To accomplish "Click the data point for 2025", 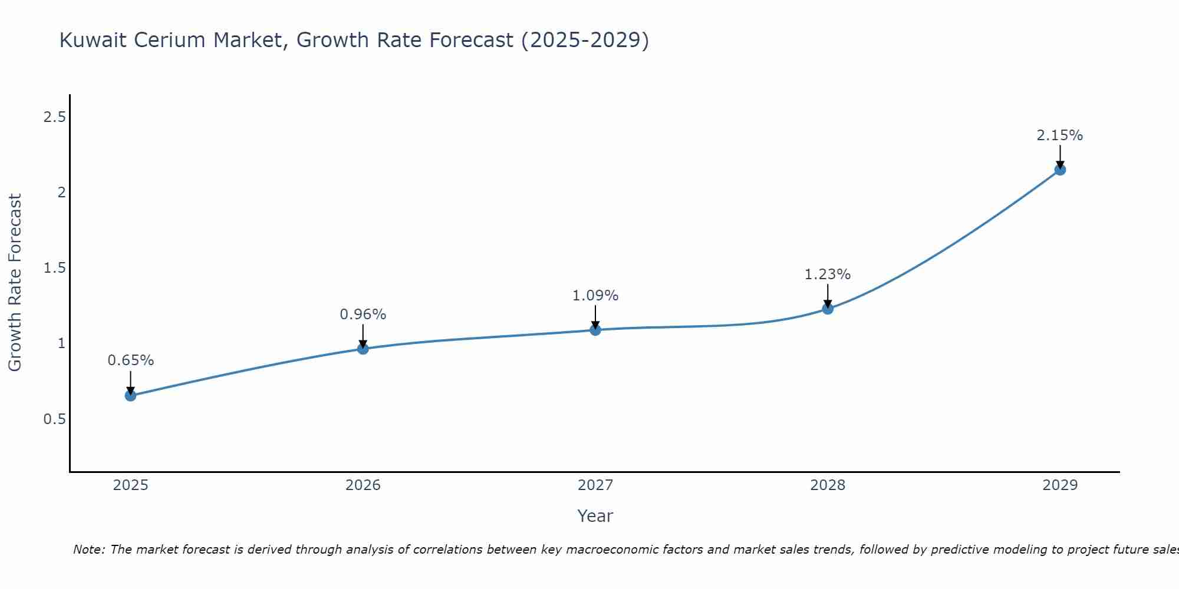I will tap(130, 395).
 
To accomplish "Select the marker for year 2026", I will tap(363, 349).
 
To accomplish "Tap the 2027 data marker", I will tap(595, 330).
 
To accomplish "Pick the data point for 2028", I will tap(828, 309).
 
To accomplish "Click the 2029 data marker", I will tap(1060, 170).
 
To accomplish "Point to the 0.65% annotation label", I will tap(130, 360).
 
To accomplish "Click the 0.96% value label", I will tap(363, 315).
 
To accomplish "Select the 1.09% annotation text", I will tap(595, 296).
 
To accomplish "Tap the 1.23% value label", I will tap(828, 274).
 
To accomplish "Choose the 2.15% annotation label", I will tap(1060, 135).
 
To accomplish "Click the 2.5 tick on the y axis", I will tap(54, 117).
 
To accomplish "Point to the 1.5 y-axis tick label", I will tap(54, 268).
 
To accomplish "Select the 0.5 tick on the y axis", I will tap(54, 419).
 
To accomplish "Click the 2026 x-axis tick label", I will tap(363, 485).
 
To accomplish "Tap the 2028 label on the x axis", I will tap(828, 485).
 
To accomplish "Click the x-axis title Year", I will tap(595, 516).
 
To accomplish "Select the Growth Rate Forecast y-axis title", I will tap(15, 283).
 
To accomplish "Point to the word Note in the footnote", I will tap(88, 550).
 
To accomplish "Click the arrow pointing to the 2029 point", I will tap(1060, 156).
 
